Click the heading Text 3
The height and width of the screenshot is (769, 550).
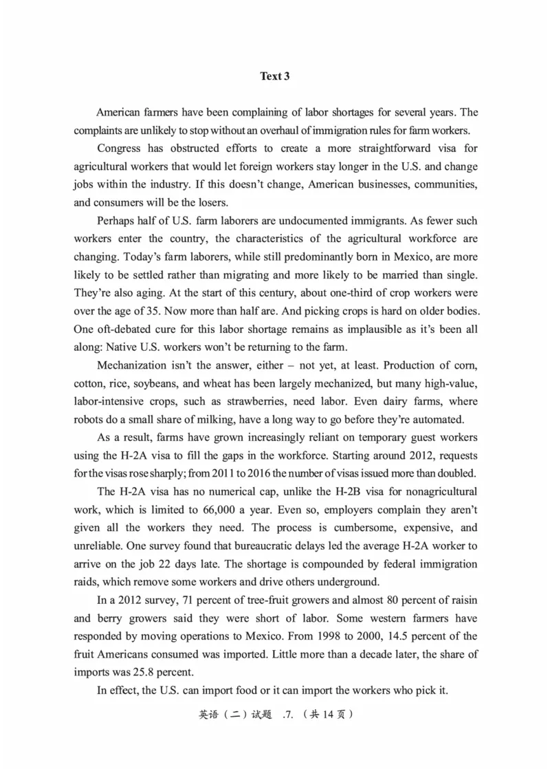(274, 76)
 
